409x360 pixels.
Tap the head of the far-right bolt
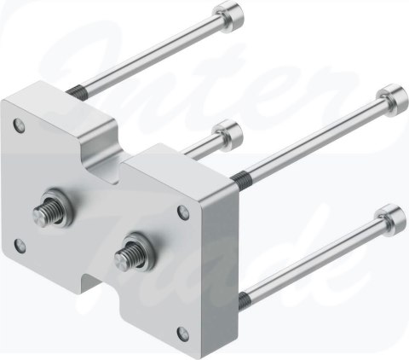click(389, 93)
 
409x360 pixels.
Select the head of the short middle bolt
click(228, 131)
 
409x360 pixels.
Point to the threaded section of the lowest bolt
click(245, 296)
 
